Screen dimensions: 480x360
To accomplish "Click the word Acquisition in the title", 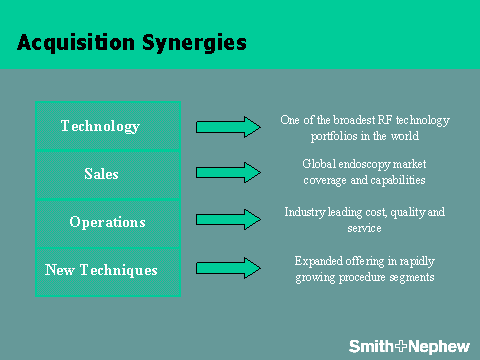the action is [76, 43].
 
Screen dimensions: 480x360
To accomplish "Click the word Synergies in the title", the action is [195, 43].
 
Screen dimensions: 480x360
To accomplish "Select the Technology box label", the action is [100, 127].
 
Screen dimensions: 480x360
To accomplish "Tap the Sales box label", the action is [101, 174].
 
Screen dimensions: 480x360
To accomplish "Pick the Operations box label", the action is [107, 222].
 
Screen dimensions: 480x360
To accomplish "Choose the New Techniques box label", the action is [101, 270].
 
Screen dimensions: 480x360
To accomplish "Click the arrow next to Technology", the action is [228, 127].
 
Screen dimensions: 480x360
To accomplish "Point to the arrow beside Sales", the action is [228, 173].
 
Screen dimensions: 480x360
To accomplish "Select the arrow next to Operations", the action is [228, 219].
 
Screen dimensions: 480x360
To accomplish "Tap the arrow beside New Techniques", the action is [228, 268].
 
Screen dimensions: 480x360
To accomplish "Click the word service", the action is [364, 228].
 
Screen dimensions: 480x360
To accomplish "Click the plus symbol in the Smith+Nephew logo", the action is [401, 346].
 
